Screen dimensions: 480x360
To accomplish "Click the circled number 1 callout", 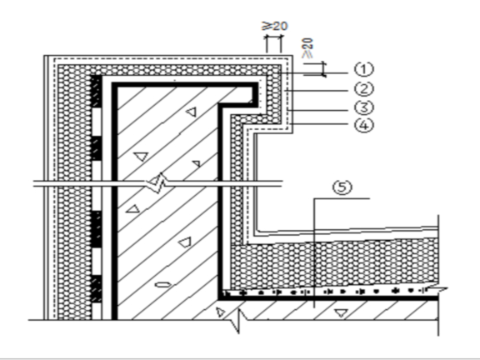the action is coord(364,69).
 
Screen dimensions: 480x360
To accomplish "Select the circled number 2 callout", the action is coord(364,89).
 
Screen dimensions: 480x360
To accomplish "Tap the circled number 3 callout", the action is coord(364,107).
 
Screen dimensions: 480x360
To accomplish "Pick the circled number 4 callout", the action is coord(364,125).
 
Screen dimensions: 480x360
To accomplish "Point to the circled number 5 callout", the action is coord(342,187).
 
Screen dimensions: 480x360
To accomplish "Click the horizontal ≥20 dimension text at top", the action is coord(275,26).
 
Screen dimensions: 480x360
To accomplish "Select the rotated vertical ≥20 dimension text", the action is coord(307,47).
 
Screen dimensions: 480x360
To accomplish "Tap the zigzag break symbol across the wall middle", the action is coord(156,183).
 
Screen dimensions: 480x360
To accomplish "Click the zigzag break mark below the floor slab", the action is coord(237,320).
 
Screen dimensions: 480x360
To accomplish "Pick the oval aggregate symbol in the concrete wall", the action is coord(163,285).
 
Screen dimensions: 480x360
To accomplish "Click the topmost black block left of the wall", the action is coord(96,91).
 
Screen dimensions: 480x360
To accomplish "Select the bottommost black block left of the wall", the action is coord(97,289).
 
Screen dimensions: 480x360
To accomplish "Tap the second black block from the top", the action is coord(97,149).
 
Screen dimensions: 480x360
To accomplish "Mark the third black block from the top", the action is coord(97,229).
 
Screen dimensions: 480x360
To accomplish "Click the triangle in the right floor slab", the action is coord(341,312).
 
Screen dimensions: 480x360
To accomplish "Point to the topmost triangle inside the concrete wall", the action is coord(192,112).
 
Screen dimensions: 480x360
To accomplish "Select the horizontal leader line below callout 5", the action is coord(342,198).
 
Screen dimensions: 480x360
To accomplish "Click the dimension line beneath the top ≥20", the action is coord(273,37).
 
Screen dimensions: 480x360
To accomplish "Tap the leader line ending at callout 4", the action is coord(320,124).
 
